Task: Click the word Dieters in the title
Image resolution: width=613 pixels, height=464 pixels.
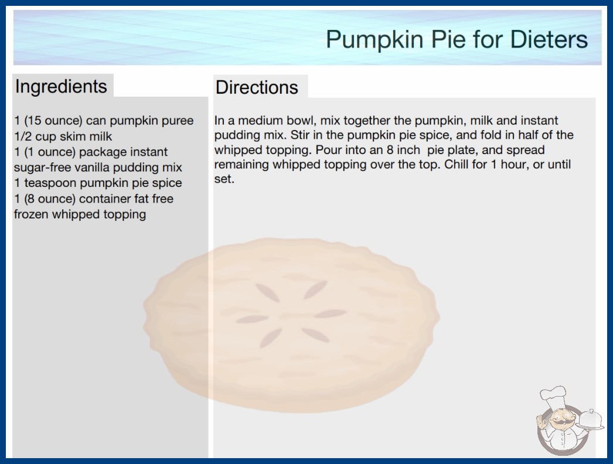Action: point(549,39)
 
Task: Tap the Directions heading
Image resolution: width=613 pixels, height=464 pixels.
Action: point(257,87)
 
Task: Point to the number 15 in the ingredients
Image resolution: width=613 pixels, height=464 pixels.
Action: point(34,121)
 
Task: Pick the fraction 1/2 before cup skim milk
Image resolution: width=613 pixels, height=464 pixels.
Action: point(23,137)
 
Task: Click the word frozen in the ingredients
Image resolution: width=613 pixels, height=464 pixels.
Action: point(31,214)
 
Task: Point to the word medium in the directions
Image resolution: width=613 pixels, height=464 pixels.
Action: point(260,121)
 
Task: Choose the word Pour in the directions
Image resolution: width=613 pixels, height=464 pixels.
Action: point(329,150)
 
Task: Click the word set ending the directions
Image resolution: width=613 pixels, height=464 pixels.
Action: point(223,179)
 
